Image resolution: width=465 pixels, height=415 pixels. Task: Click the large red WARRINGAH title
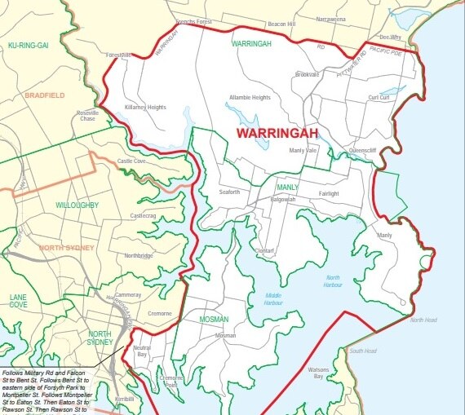tap(276, 131)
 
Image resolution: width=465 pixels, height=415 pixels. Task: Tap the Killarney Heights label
tap(144, 107)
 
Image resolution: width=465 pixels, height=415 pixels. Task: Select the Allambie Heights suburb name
tap(250, 97)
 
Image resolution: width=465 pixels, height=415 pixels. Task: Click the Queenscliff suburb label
tap(364, 150)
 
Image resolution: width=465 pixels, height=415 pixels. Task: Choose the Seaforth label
tap(230, 192)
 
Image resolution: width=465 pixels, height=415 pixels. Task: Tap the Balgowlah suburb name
tap(282, 199)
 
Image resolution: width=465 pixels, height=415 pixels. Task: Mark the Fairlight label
tap(329, 193)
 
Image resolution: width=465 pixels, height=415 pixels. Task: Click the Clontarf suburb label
tap(263, 250)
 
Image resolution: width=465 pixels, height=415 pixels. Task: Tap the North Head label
tap(423, 320)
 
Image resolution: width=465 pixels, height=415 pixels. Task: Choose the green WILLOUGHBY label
tap(77, 205)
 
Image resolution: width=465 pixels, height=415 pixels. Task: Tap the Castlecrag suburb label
tap(142, 215)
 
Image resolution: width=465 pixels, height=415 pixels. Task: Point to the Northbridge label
tap(138, 255)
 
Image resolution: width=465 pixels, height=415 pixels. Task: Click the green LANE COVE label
tap(18, 302)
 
